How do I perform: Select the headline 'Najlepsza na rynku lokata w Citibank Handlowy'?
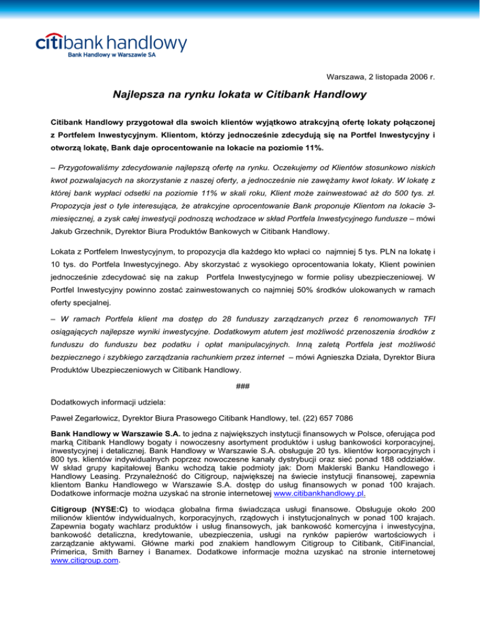tap(240, 97)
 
